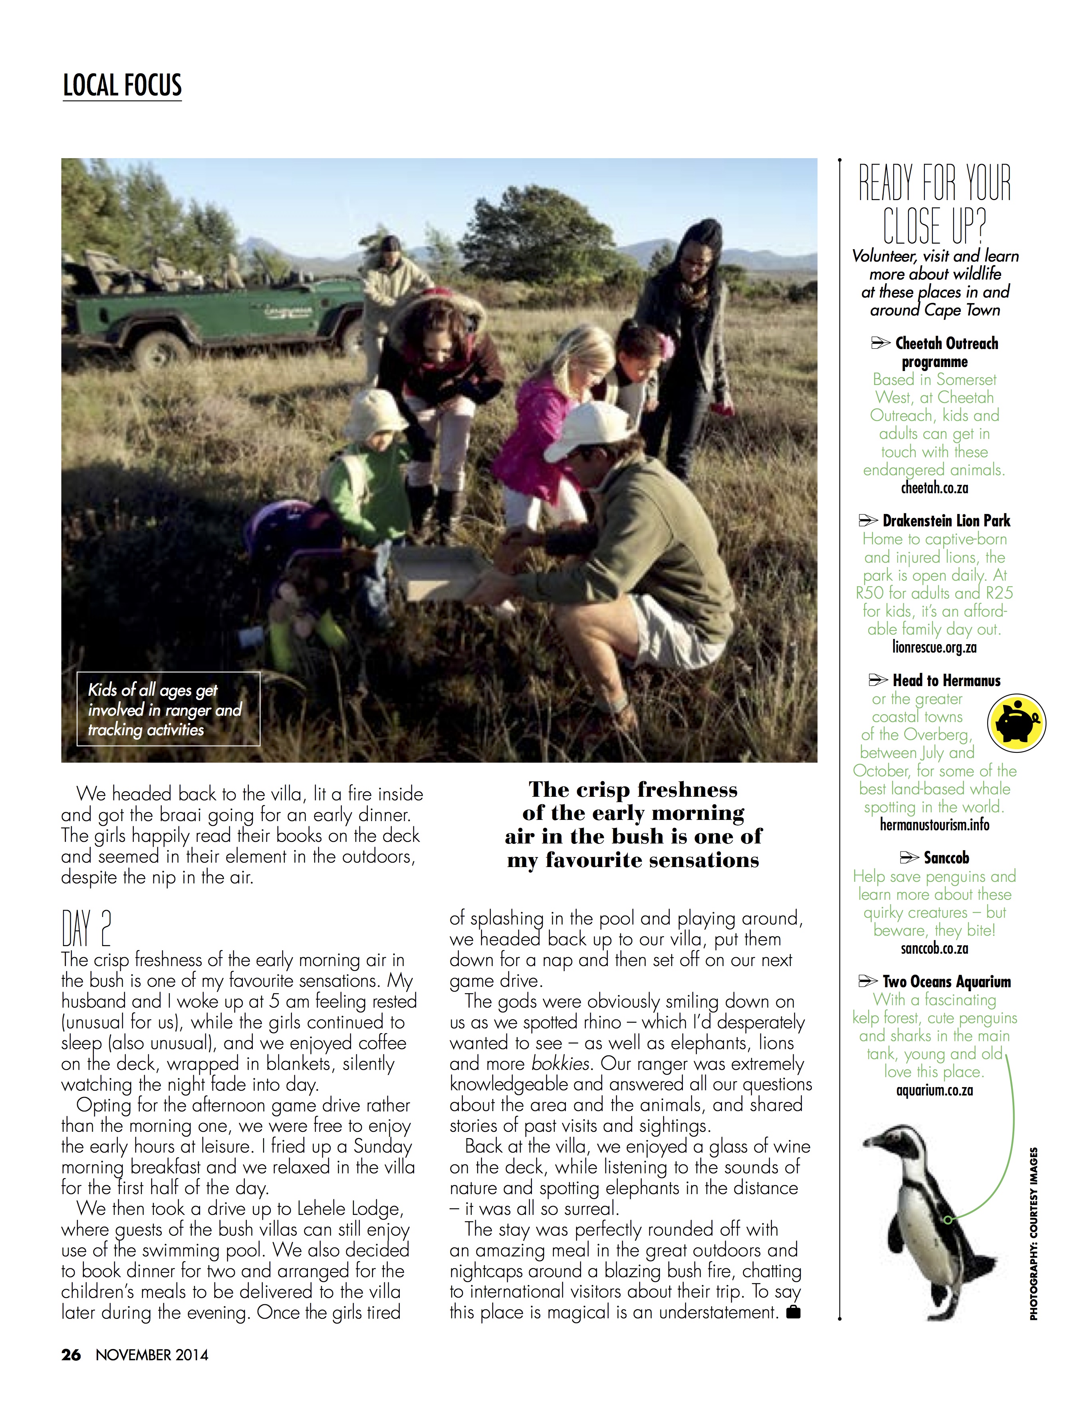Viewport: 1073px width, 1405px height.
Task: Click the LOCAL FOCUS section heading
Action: click(x=122, y=85)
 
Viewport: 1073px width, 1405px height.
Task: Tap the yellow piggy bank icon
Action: click(x=1016, y=722)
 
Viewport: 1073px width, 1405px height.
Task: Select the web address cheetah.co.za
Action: click(x=934, y=488)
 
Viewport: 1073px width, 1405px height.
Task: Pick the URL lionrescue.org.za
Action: click(x=934, y=647)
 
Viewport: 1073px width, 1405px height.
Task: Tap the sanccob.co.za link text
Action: click(x=934, y=949)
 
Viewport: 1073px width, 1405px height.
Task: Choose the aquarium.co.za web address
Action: click(x=934, y=1090)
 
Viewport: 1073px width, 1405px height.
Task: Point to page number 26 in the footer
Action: click(x=71, y=1355)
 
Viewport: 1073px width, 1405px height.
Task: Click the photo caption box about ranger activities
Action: click(x=169, y=709)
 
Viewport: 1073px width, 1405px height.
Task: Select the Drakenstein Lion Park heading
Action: click(x=946, y=520)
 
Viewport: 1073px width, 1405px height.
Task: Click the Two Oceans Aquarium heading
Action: click(x=946, y=982)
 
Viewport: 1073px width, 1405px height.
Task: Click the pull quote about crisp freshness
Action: click(x=633, y=824)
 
